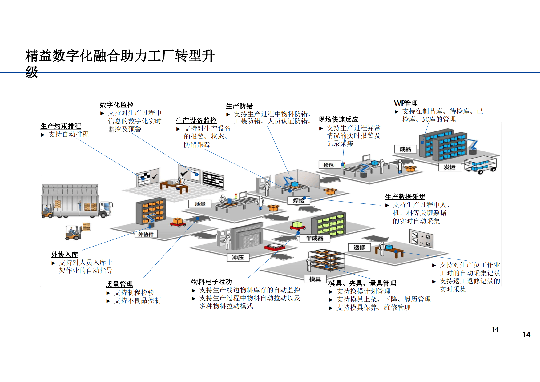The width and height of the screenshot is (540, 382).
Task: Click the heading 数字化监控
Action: pyautogui.click(x=117, y=105)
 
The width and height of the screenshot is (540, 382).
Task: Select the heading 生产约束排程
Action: pyautogui.click(x=61, y=126)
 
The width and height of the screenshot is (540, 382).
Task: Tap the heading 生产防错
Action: pyautogui.click(x=239, y=106)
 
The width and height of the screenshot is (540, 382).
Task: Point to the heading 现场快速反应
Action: pyautogui.click(x=338, y=119)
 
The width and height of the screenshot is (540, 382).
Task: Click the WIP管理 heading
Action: pyautogui.click(x=406, y=103)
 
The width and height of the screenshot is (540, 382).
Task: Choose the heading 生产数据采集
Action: pyautogui.click(x=405, y=197)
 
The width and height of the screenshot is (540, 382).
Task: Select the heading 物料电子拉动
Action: pyautogui.click(x=211, y=282)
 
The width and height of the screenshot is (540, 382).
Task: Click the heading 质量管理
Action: pyautogui.click(x=119, y=284)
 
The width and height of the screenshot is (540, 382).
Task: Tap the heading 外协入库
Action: pyautogui.click(x=64, y=255)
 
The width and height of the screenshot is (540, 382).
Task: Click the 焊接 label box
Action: pyautogui.click(x=298, y=201)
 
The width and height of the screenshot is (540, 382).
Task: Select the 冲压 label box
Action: pyautogui.click(x=238, y=257)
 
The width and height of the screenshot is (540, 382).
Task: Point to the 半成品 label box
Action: pyautogui.click(x=314, y=238)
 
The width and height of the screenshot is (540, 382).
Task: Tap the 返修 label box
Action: pyautogui.click(x=359, y=247)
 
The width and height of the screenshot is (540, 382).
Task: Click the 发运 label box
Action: pyautogui.click(x=449, y=167)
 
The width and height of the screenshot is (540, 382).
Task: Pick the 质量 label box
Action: pyautogui.click(x=200, y=204)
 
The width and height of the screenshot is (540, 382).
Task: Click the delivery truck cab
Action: pyautogui.click(x=105, y=208)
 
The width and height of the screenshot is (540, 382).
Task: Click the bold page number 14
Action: pyautogui.click(x=526, y=334)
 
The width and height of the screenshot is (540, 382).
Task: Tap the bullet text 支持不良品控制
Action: pyautogui.click(x=137, y=300)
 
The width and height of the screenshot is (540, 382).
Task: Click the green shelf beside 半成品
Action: pyautogui.click(x=328, y=224)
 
